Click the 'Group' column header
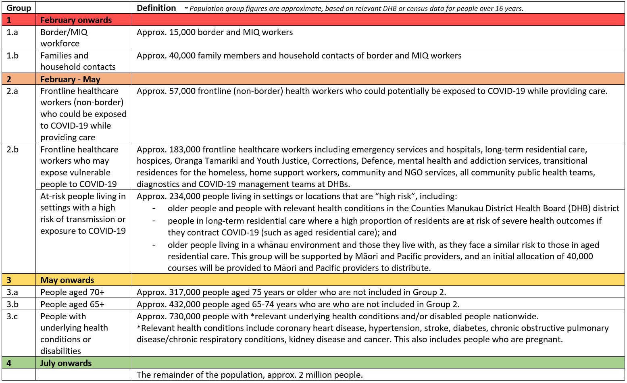click(19, 8)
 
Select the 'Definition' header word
click(156, 8)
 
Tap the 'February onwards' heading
click(76, 20)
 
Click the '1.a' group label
click(12, 32)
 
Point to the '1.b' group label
click(12, 56)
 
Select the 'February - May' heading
click(70, 79)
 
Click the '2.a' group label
click(12, 91)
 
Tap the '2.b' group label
click(12, 150)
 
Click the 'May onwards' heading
click(67, 280)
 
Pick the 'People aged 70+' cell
click(72, 292)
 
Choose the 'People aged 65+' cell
click(72, 304)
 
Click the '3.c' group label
click(12, 316)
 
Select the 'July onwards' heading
click(66, 363)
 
